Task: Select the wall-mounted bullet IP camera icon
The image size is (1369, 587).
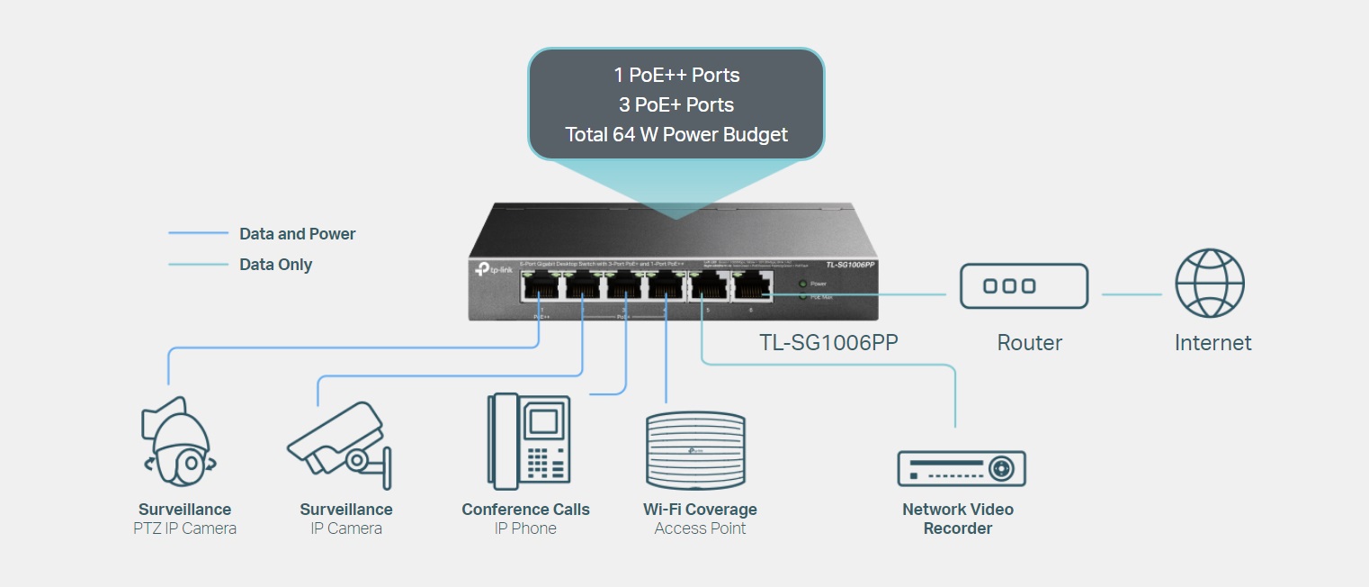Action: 340,440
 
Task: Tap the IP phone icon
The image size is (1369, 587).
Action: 529,441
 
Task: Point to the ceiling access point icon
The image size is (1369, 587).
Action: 695,448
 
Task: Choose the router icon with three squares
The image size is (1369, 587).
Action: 1024,286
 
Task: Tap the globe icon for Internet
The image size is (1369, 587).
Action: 1210,284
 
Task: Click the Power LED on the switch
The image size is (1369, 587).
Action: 802,284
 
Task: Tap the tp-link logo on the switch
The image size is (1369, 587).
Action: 491,268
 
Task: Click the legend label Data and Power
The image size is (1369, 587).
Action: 297,234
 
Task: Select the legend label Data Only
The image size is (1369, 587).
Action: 275,265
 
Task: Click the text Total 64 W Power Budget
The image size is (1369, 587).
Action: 676,135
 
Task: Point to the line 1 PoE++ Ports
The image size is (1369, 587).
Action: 676,75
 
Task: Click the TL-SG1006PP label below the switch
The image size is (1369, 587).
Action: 828,342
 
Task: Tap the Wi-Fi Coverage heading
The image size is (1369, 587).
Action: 700,510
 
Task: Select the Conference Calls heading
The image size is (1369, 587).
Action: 525,510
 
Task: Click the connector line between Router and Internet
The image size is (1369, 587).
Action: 1132,294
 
